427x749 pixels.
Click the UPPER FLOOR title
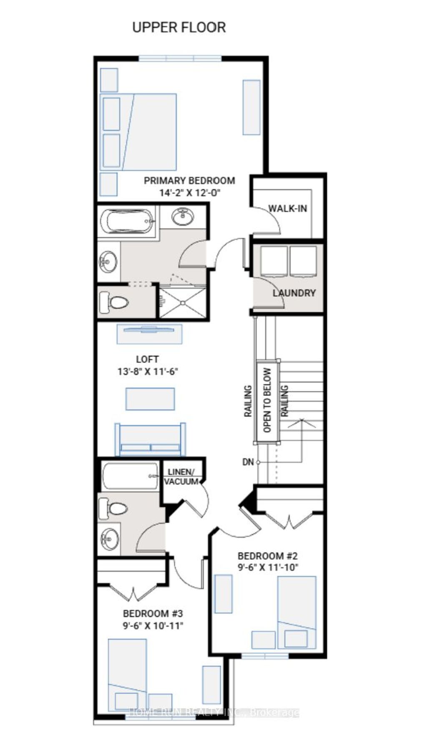(x=179, y=28)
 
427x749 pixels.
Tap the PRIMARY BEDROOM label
(x=189, y=181)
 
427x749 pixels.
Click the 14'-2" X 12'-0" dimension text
(x=189, y=192)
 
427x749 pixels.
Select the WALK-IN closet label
(x=287, y=208)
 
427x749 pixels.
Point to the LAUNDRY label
(x=294, y=293)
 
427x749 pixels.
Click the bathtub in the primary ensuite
(x=127, y=221)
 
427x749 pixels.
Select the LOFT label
(x=147, y=359)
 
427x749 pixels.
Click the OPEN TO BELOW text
(x=267, y=400)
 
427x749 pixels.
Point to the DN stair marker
(x=248, y=462)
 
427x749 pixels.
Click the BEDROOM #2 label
(x=267, y=556)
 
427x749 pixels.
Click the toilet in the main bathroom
(x=113, y=508)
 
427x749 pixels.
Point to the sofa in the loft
(x=150, y=440)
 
